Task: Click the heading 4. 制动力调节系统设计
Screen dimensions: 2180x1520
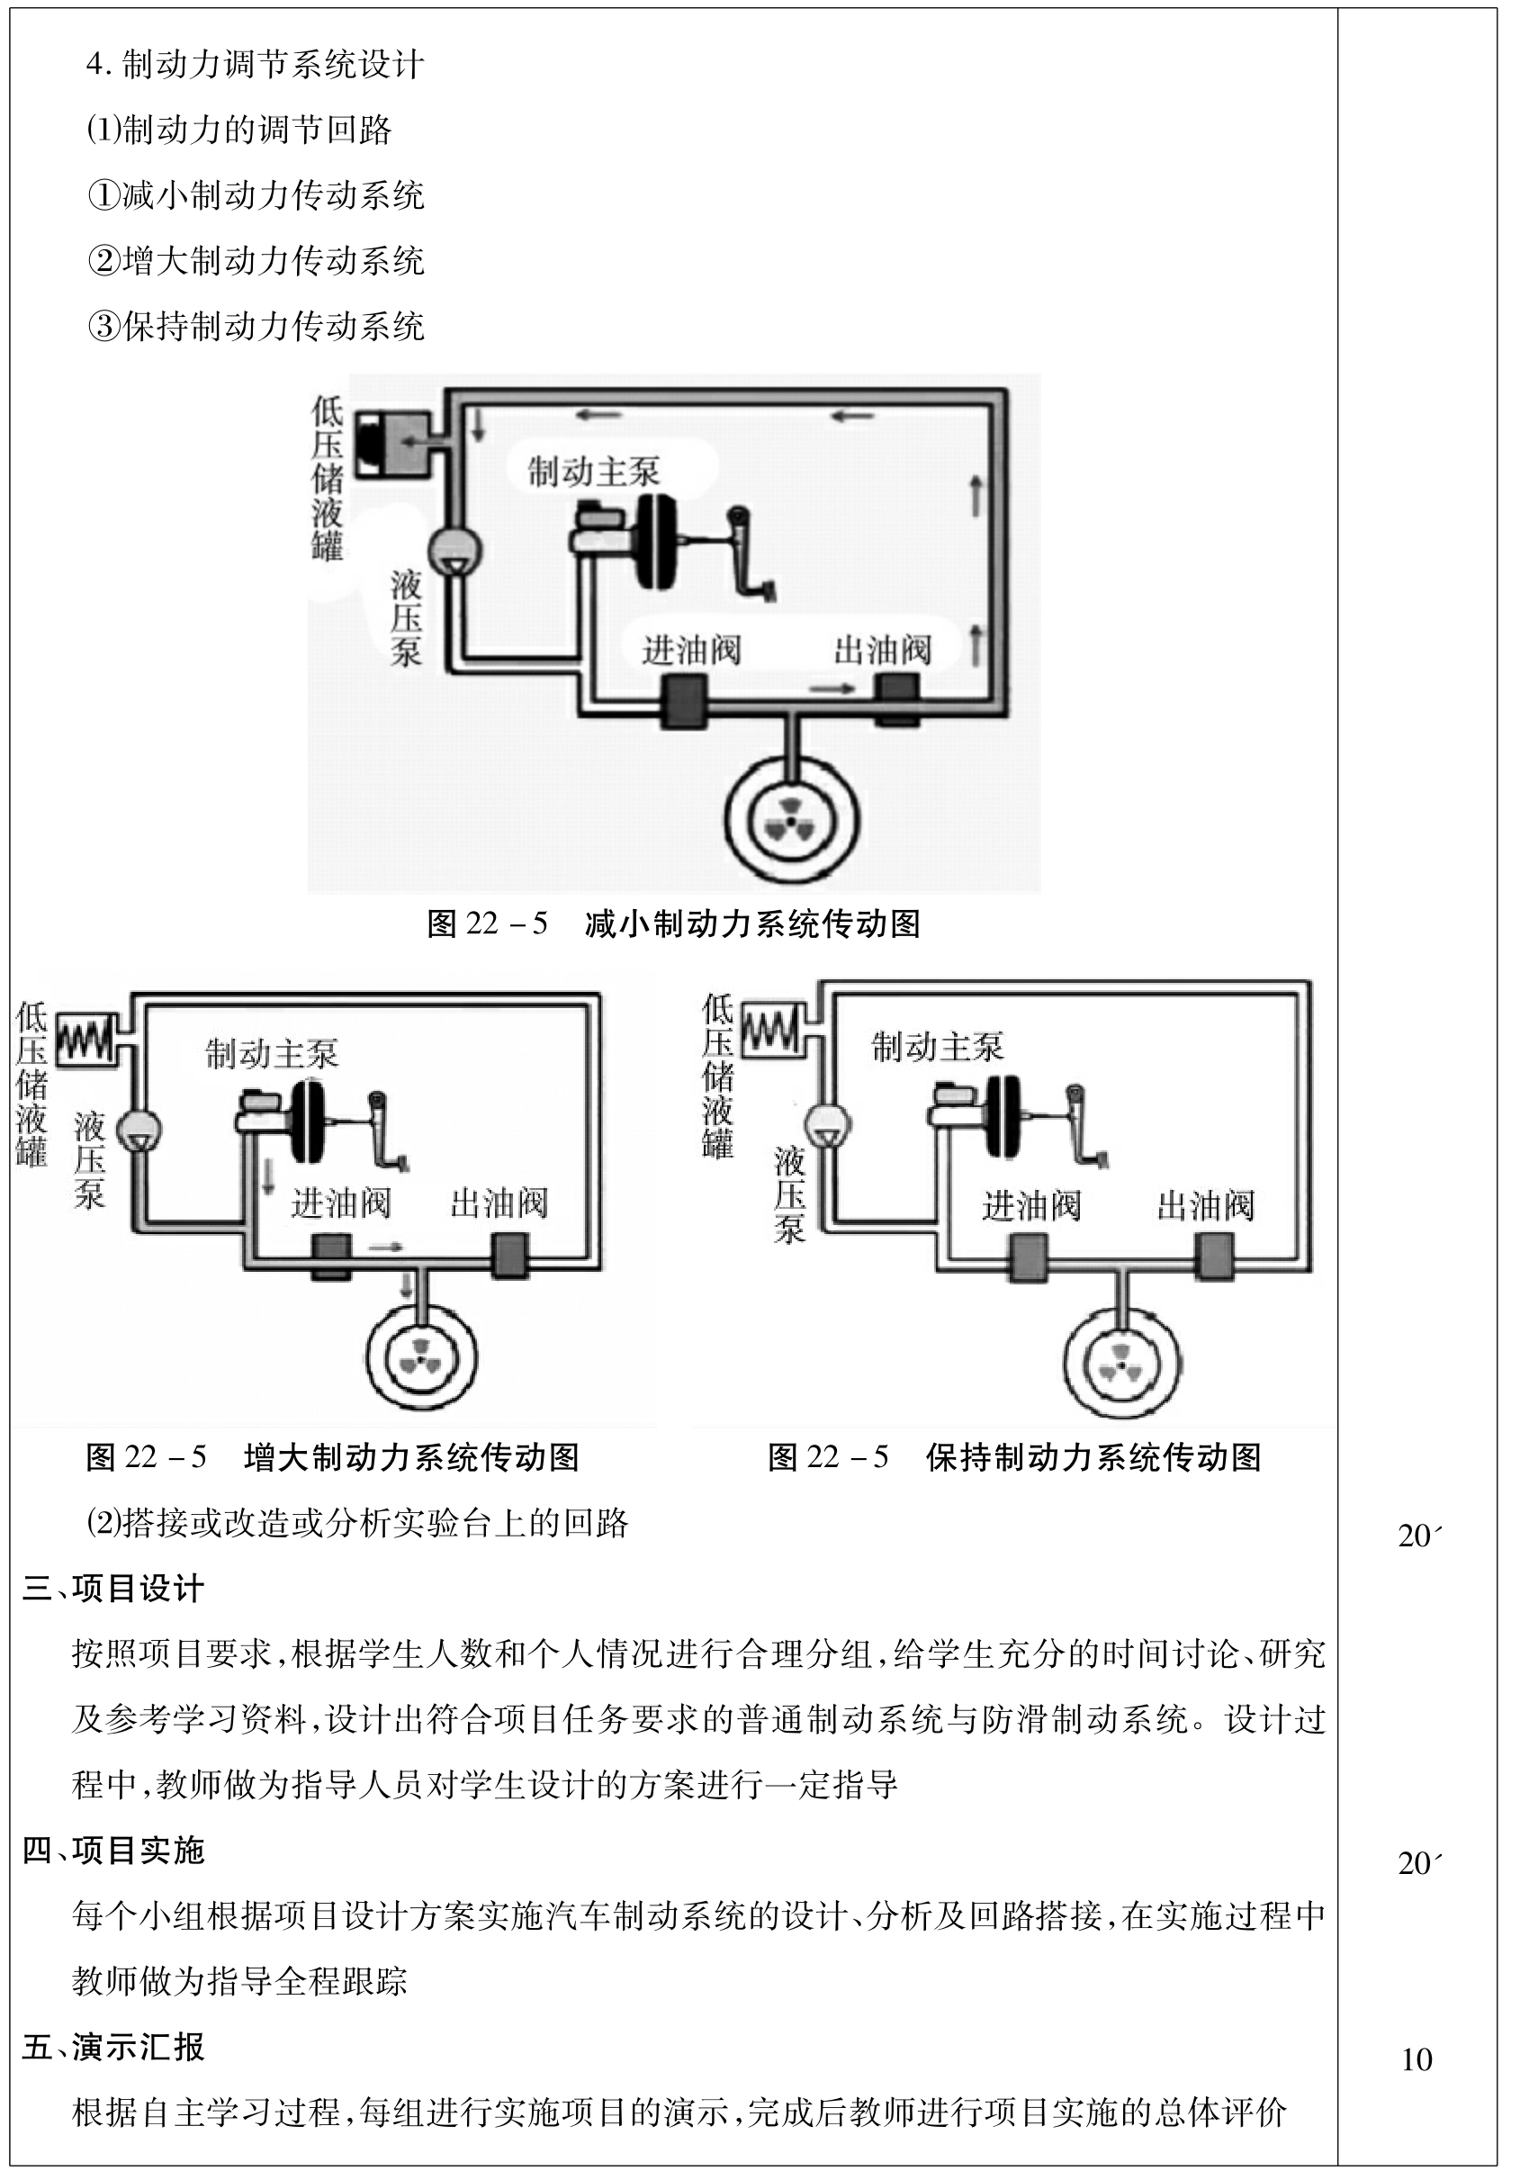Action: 255,65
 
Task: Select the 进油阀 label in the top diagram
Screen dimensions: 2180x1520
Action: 690,651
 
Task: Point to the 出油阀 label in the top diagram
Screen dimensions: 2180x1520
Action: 882,651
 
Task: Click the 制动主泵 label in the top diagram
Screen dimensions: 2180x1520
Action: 593,472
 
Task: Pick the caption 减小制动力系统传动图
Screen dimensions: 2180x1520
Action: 752,923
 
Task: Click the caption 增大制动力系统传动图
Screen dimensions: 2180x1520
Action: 411,1457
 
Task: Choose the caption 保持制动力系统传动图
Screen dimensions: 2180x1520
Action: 1093,1457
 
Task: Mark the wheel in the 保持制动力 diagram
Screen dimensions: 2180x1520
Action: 1122,1365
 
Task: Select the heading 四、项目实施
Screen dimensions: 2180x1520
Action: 113,1851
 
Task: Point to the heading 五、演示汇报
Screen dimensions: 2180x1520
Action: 113,2047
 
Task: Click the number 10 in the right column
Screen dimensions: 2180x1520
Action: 1417,2059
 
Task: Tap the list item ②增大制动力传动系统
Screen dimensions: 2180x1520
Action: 256,261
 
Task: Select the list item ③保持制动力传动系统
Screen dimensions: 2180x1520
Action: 256,327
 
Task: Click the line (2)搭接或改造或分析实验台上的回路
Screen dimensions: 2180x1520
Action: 357,1523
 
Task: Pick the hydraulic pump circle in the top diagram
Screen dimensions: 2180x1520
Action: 454,551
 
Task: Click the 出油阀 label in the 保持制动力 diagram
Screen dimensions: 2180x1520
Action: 1205,1206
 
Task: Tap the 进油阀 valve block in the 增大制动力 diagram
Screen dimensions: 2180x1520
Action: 331,1257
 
